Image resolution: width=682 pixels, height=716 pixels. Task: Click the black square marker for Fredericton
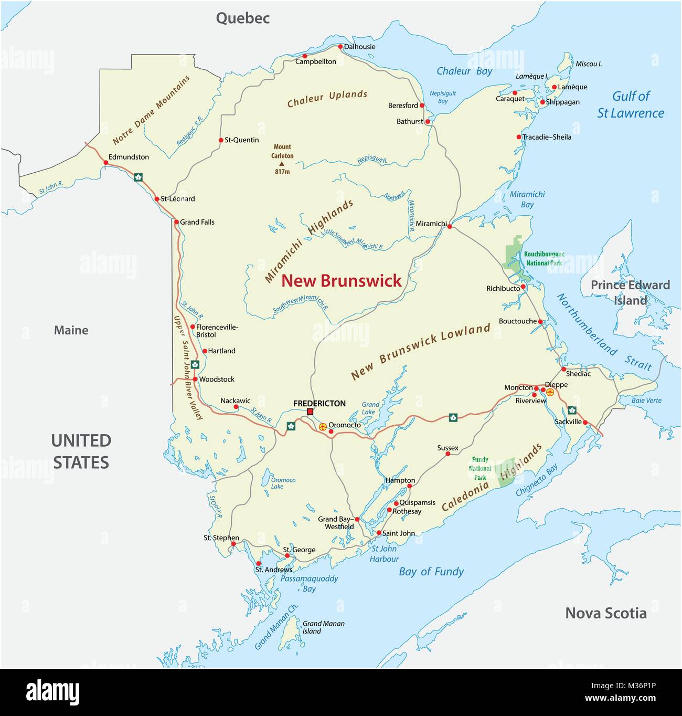tap(310, 412)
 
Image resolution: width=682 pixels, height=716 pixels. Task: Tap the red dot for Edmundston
tap(106, 163)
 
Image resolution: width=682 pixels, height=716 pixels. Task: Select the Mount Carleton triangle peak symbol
tap(282, 164)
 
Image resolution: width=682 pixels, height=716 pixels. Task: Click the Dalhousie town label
tap(359, 47)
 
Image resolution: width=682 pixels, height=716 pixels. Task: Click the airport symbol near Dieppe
tap(550, 392)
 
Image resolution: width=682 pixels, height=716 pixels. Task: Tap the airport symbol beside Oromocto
tap(323, 427)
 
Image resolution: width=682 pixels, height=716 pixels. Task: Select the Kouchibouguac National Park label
tap(544, 258)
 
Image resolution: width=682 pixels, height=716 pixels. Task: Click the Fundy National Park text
tap(480, 468)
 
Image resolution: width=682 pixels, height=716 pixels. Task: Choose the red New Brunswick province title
tap(341, 281)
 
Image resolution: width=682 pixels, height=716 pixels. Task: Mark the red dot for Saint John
tap(379, 533)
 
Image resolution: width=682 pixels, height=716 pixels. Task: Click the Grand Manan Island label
tap(323, 627)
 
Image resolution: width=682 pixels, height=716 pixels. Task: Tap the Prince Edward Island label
tap(630, 292)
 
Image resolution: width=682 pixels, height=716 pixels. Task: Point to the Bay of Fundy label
tap(431, 572)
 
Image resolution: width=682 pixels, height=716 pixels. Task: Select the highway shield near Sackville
tap(572, 410)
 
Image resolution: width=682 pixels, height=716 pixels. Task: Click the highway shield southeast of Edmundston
tap(138, 177)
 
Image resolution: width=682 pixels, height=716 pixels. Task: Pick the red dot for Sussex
tap(448, 454)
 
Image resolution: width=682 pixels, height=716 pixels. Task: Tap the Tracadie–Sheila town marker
tap(519, 137)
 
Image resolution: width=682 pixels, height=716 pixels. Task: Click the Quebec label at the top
tap(243, 18)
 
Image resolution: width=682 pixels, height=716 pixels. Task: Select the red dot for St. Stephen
tap(233, 544)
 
